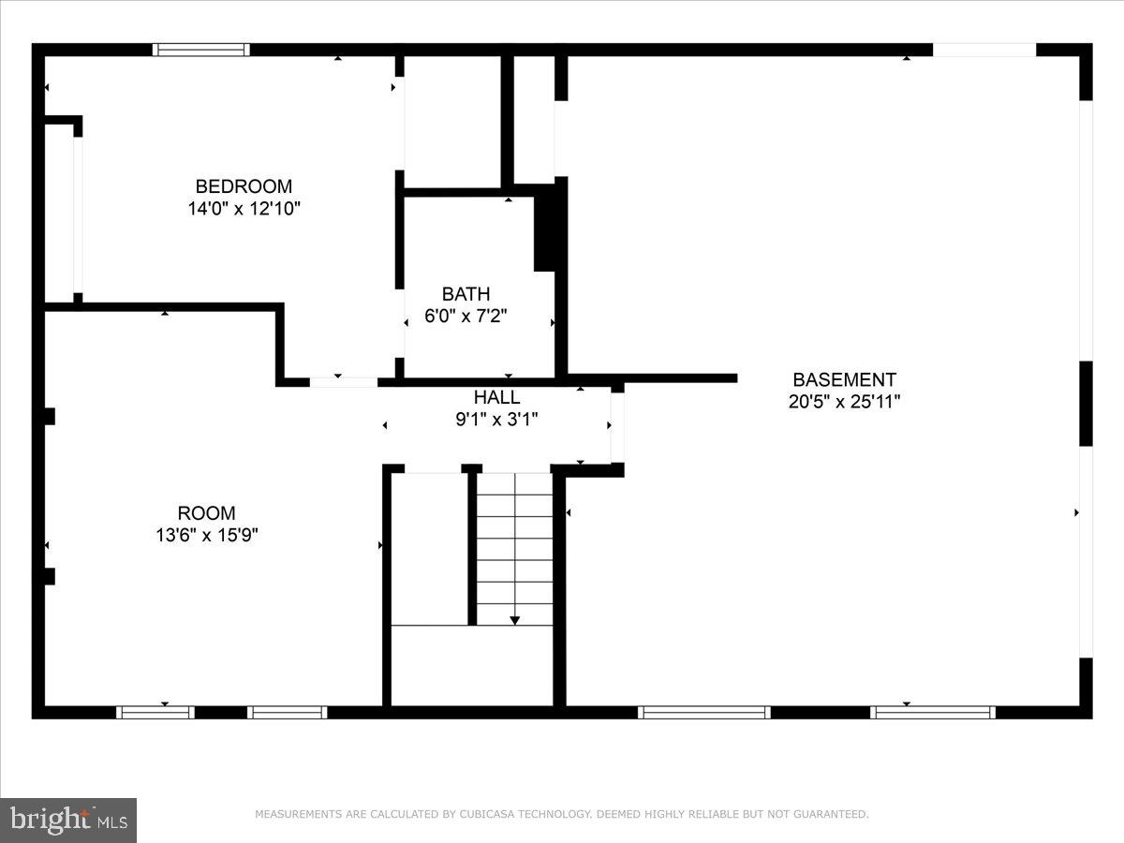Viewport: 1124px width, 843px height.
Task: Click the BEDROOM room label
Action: [244, 185]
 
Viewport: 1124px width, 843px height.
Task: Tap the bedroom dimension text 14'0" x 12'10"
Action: [244, 208]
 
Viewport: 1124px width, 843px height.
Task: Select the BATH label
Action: [466, 294]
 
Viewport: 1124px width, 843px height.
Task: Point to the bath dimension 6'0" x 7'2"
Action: [466, 317]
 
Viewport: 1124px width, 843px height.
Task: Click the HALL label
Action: [496, 397]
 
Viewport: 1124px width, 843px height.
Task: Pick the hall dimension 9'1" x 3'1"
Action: [496, 420]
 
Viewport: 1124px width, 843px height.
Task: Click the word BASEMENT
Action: [844, 379]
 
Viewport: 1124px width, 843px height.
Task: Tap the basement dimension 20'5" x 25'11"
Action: [844, 402]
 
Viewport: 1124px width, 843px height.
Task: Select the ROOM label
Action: [206, 513]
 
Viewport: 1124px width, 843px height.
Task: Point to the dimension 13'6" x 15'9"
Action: [206, 536]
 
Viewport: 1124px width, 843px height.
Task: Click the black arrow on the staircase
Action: [514, 620]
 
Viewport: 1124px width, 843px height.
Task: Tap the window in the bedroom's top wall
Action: [201, 50]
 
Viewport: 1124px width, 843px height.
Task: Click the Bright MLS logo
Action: [68, 820]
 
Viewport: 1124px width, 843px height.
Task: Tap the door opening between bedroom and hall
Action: [343, 381]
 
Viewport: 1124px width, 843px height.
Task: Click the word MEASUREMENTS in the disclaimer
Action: [299, 814]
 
